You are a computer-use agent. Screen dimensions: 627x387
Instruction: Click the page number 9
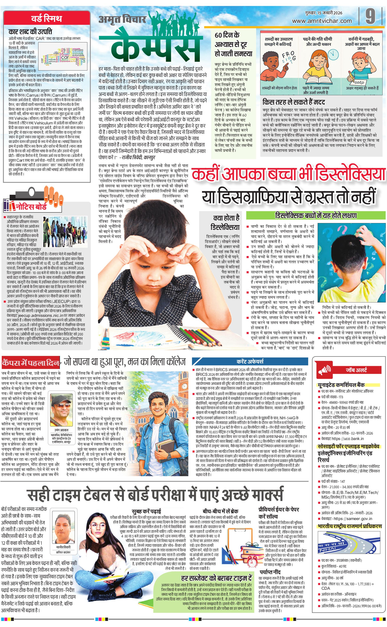point(370,16)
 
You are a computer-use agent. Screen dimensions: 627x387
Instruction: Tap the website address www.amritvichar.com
point(322,21)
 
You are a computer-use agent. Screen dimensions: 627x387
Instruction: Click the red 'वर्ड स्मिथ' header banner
point(47,18)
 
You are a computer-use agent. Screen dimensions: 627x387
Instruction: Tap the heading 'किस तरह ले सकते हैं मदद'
point(294,102)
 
